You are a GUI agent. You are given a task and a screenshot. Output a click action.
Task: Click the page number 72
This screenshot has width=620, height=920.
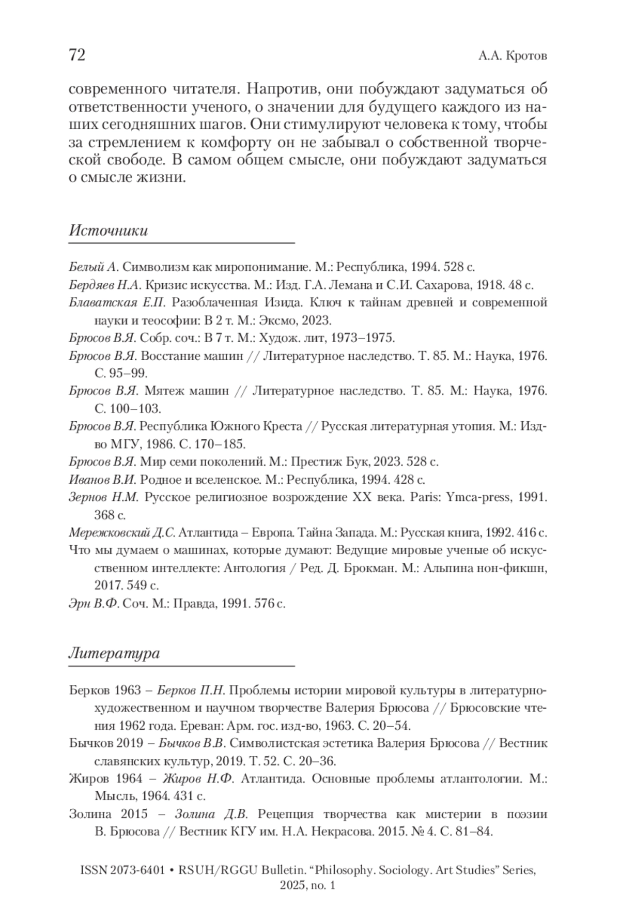click(77, 55)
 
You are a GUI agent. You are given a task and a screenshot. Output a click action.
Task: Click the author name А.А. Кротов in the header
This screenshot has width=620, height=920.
click(512, 56)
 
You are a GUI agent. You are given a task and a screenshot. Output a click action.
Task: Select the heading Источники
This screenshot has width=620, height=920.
click(108, 231)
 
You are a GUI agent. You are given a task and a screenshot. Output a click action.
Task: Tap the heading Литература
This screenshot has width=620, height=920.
click(114, 653)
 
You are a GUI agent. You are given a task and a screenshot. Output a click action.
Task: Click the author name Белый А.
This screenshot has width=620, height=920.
click(95, 267)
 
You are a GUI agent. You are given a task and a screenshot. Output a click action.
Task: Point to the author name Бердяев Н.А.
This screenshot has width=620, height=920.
click(105, 285)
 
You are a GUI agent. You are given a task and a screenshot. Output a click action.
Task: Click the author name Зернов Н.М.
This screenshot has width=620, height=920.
click(104, 498)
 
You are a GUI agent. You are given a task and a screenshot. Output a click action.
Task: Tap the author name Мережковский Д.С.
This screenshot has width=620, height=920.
click(122, 532)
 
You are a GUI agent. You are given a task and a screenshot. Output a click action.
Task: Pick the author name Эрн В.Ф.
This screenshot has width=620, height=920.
click(94, 603)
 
